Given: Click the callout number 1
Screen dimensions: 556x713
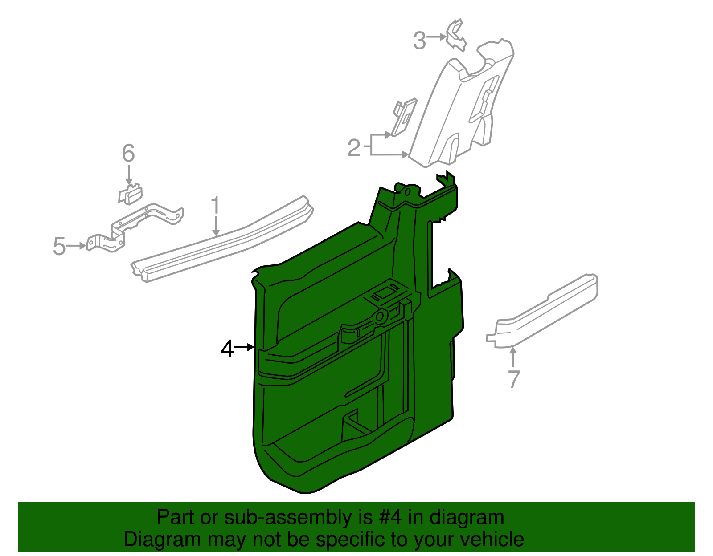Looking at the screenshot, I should [x=216, y=206].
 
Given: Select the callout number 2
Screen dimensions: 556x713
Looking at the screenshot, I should [x=354, y=148].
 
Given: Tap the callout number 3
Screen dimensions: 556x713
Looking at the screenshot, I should [x=420, y=41].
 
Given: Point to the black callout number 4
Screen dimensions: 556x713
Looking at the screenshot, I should [x=227, y=349].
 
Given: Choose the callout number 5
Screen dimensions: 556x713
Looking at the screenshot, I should [x=59, y=246].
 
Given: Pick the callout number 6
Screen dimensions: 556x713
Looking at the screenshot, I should [x=128, y=154].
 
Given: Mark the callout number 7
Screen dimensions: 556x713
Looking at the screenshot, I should [x=514, y=379].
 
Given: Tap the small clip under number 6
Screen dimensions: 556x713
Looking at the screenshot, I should [x=130, y=194].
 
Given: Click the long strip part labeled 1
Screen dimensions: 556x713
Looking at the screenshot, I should [x=223, y=240].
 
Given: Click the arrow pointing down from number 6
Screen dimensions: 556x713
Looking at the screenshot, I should [x=129, y=175].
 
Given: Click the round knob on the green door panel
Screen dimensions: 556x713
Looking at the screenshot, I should [x=381, y=317].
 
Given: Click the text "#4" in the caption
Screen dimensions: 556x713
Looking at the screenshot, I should [x=390, y=518].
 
